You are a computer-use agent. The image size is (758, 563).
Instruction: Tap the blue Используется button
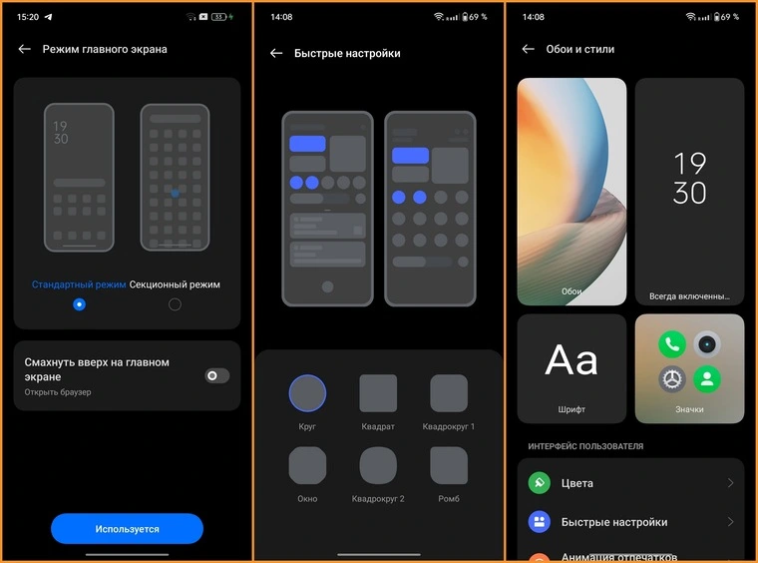[x=127, y=529]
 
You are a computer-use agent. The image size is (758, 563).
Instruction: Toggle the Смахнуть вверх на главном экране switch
[x=217, y=375]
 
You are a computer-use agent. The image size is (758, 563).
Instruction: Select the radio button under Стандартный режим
[x=79, y=304]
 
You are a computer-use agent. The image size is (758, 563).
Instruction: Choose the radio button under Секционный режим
[x=175, y=304]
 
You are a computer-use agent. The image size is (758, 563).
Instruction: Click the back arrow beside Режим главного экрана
[x=25, y=49]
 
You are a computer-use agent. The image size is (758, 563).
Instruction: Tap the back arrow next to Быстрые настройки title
[x=276, y=53]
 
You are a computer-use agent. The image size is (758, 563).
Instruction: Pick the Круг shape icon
[x=307, y=393]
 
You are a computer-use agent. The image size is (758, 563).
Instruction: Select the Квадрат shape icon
[x=378, y=393]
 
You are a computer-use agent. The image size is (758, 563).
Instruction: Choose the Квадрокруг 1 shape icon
[x=449, y=393]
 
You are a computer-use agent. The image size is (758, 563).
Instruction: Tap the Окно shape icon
[x=307, y=465]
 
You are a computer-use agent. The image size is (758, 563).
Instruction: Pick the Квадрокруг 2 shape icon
[x=378, y=465]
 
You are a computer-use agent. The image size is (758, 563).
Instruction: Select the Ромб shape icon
[x=449, y=465]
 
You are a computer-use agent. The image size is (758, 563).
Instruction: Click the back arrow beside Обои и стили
[x=529, y=49]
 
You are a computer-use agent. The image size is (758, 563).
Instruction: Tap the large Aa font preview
[x=571, y=359]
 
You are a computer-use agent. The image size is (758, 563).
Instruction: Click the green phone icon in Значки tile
[x=672, y=344]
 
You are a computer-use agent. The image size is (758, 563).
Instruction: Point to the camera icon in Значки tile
[x=707, y=344]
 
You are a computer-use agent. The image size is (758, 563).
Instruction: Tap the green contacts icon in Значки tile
[x=707, y=379]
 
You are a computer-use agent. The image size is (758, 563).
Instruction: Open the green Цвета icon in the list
[x=539, y=483]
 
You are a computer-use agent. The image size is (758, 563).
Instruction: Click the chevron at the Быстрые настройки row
[x=730, y=522]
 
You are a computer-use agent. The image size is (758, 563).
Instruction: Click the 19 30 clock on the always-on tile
[x=690, y=178]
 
